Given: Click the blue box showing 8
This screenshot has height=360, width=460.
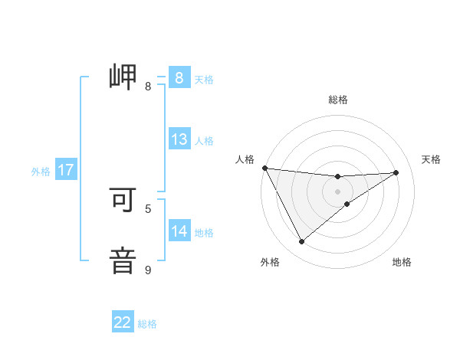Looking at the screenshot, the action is tap(179, 77).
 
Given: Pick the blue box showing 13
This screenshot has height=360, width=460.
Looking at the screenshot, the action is tap(179, 139).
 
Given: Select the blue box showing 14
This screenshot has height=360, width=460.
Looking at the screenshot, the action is tap(179, 231).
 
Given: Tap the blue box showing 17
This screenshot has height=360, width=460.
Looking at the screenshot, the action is tap(66, 170).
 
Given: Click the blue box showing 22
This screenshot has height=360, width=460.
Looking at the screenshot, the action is tap(123, 322).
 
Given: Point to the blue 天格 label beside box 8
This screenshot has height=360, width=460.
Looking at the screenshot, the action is tap(204, 79).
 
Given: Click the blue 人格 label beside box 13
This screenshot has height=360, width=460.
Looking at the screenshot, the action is tap(204, 141).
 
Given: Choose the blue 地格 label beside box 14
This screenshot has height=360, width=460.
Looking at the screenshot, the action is tap(204, 233).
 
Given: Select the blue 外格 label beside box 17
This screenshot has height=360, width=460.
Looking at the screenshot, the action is tap(41, 172).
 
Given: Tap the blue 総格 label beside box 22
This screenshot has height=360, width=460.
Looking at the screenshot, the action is tap(147, 324).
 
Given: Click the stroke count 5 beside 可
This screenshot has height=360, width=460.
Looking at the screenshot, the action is tap(148, 208).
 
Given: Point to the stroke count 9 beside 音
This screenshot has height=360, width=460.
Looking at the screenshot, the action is tap(148, 270).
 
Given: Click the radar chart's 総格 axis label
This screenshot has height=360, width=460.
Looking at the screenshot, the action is tap(338, 100).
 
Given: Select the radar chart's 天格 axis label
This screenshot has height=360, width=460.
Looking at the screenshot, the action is tap(431, 159).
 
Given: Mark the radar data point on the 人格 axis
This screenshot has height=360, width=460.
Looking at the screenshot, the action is tap(264, 167).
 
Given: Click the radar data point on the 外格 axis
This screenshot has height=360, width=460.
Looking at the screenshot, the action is tap(301, 242).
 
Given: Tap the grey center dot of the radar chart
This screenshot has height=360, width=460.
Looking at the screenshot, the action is tap(338, 191).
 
